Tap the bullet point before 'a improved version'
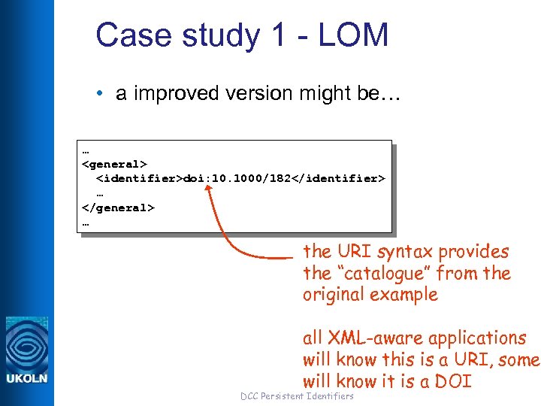(x=100, y=94)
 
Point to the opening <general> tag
(x=114, y=164)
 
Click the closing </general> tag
(x=118, y=207)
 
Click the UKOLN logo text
(x=27, y=377)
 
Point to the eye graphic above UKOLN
(x=27, y=343)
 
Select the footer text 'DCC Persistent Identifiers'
(x=296, y=396)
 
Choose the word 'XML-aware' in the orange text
(x=369, y=339)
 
